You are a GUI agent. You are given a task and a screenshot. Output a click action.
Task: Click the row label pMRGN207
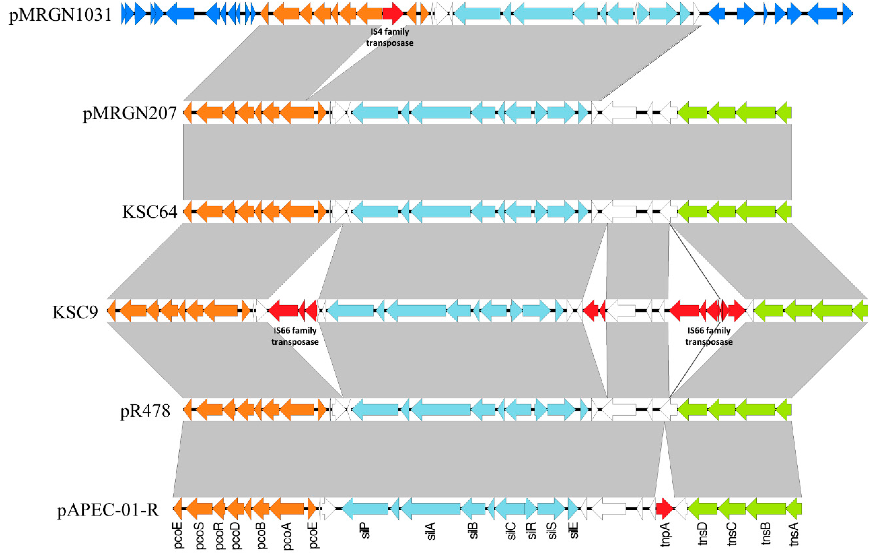click(x=130, y=113)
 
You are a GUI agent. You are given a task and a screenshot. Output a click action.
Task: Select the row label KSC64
click(x=150, y=212)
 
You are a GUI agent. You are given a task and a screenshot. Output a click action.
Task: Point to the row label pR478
click(x=145, y=411)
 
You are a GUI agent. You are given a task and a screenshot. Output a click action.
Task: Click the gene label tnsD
click(x=703, y=534)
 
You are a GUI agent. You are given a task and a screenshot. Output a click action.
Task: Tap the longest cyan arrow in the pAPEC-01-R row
click(x=430, y=508)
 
